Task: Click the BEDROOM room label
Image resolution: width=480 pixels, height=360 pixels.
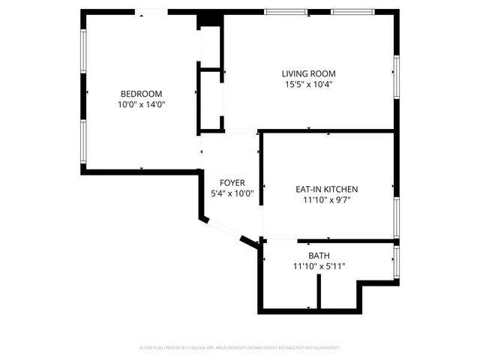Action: pyautogui.click(x=141, y=94)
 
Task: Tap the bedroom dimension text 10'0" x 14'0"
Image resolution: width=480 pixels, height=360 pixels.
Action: pyautogui.click(x=141, y=105)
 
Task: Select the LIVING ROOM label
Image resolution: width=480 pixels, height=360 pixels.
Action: pyautogui.click(x=308, y=73)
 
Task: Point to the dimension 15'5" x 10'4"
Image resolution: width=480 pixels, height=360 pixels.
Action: pyautogui.click(x=308, y=85)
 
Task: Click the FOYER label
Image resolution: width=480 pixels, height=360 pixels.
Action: pyautogui.click(x=232, y=183)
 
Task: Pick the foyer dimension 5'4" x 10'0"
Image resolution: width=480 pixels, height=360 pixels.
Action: pyautogui.click(x=232, y=193)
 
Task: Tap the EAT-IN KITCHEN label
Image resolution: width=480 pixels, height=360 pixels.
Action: pyautogui.click(x=326, y=189)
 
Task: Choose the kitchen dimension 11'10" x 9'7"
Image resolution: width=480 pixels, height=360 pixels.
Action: pyautogui.click(x=326, y=200)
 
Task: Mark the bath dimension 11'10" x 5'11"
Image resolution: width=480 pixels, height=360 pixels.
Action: pyautogui.click(x=319, y=267)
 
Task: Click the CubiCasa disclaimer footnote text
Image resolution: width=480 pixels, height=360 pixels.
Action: pyautogui.click(x=240, y=348)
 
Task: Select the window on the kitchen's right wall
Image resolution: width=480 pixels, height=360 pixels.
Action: pyautogui.click(x=397, y=217)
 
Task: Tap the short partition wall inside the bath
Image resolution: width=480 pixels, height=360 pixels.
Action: pyautogui.click(x=319, y=292)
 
